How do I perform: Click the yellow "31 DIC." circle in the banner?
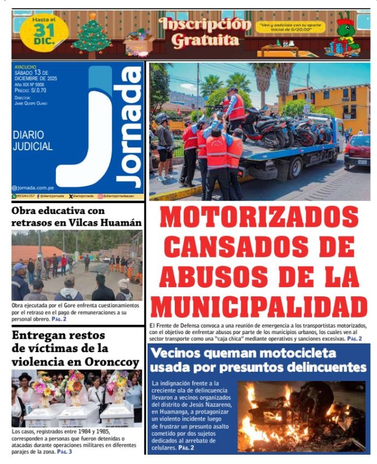click(x=44, y=31)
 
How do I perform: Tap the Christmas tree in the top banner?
click(x=92, y=34)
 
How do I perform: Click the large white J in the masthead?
click(x=87, y=133)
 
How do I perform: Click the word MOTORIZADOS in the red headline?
click(x=259, y=217)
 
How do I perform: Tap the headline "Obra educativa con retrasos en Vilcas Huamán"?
click(x=76, y=217)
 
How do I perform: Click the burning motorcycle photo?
click(x=301, y=416)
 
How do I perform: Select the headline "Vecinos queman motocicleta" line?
click(x=242, y=353)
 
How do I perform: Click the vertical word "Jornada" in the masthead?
click(x=128, y=128)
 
